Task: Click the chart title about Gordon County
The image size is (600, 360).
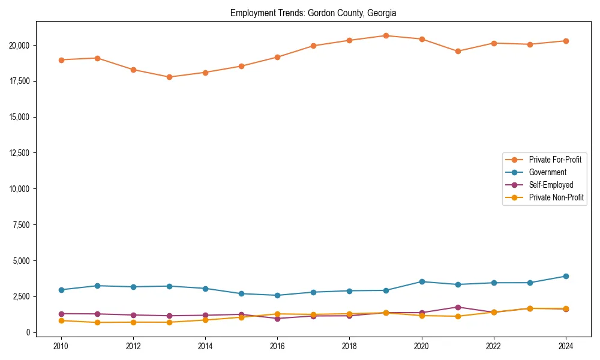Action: [x=313, y=13]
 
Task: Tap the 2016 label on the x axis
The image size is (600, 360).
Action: [x=277, y=346]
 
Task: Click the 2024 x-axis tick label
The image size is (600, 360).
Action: [x=566, y=346]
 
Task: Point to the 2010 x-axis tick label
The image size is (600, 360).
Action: [x=61, y=346]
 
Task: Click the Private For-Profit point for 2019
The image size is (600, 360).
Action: [x=386, y=36]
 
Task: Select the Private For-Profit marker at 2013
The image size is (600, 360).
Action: [x=169, y=77]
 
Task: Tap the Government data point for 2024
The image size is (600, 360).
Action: [x=566, y=276]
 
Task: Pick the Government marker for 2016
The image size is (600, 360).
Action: [x=277, y=295]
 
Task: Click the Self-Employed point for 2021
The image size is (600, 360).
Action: [x=458, y=307]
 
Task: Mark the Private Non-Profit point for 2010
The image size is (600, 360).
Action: [x=61, y=320]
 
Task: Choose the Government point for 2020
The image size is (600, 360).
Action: [x=422, y=281]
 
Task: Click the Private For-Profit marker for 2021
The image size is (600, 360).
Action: [x=458, y=51]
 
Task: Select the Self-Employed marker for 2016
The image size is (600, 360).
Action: [x=277, y=319]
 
